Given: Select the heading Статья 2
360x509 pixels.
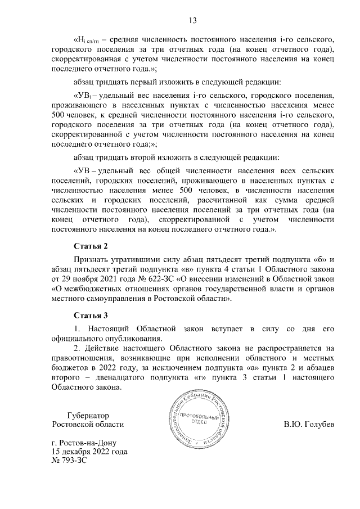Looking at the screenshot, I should tap(90, 246).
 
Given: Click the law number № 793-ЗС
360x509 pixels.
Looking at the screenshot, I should tap(70, 461).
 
